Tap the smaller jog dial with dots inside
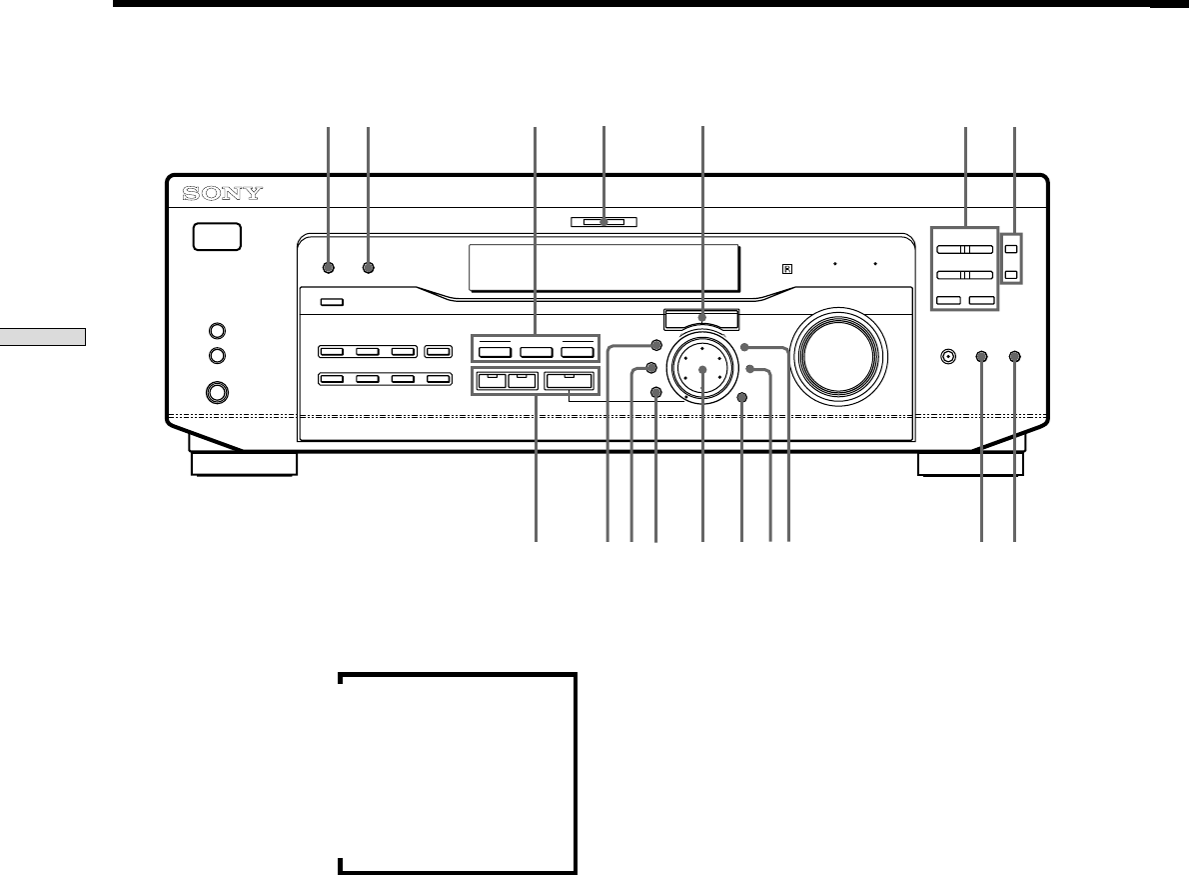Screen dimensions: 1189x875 (702, 370)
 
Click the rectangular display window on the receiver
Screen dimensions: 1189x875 (604, 267)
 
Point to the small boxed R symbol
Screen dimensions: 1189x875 (787, 268)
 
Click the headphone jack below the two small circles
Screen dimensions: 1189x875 (217, 394)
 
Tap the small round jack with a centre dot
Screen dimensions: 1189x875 (949, 355)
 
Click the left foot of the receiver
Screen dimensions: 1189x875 (244, 464)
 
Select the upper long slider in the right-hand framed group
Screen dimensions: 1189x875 (964, 250)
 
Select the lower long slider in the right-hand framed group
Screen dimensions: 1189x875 (964, 274)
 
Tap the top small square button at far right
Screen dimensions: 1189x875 (1012, 250)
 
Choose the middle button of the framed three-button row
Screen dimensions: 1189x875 (535, 352)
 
